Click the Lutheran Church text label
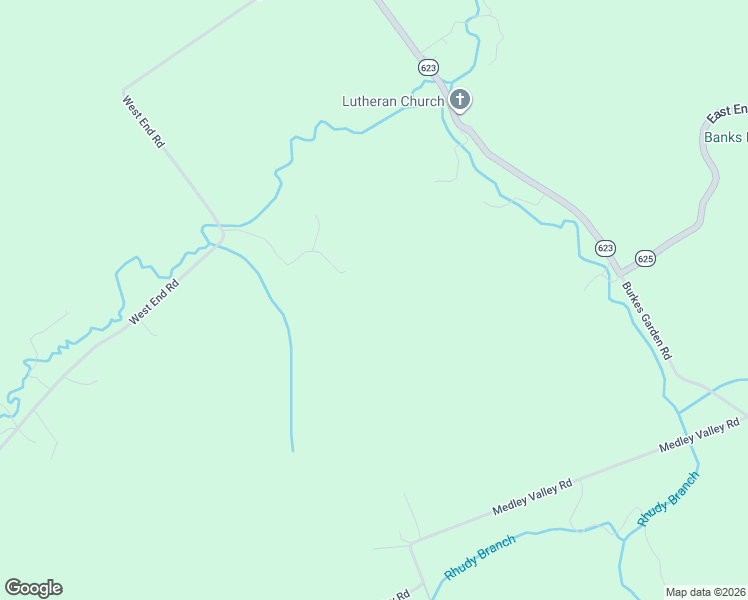pyautogui.click(x=393, y=101)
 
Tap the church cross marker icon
pyautogui.click(x=460, y=99)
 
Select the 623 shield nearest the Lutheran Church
pyautogui.click(x=428, y=67)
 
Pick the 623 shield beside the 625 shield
pyautogui.click(x=604, y=248)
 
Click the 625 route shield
pyautogui.click(x=645, y=257)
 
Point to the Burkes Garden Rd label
pyautogui.click(x=646, y=321)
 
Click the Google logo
pyautogui.click(x=33, y=588)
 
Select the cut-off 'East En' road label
pyautogui.click(x=727, y=110)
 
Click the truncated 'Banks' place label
pyautogui.click(x=726, y=137)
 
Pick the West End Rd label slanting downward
pyautogui.click(x=142, y=122)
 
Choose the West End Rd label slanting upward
pyautogui.click(x=153, y=301)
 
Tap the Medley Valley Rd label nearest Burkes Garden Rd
pyautogui.click(x=698, y=436)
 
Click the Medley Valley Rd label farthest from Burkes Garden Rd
pyautogui.click(x=532, y=497)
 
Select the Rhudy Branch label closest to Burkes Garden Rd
pyautogui.click(x=667, y=499)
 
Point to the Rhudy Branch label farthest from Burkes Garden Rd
pyautogui.click(x=480, y=558)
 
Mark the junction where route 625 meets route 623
pyautogui.click(x=620, y=272)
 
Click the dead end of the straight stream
pyautogui.click(x=292, y=450)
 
